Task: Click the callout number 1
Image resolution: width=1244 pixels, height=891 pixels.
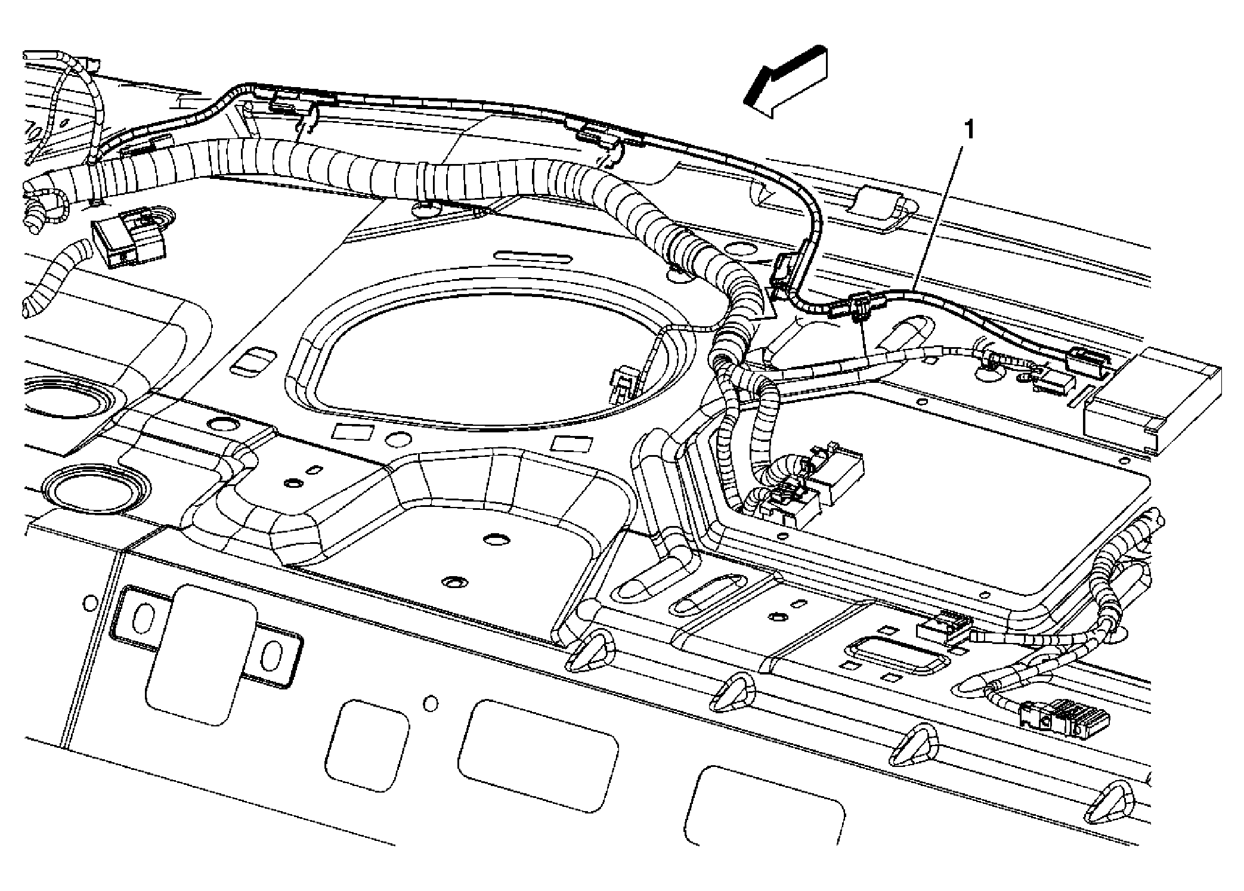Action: pyautogui.click(x=970, y=129)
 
